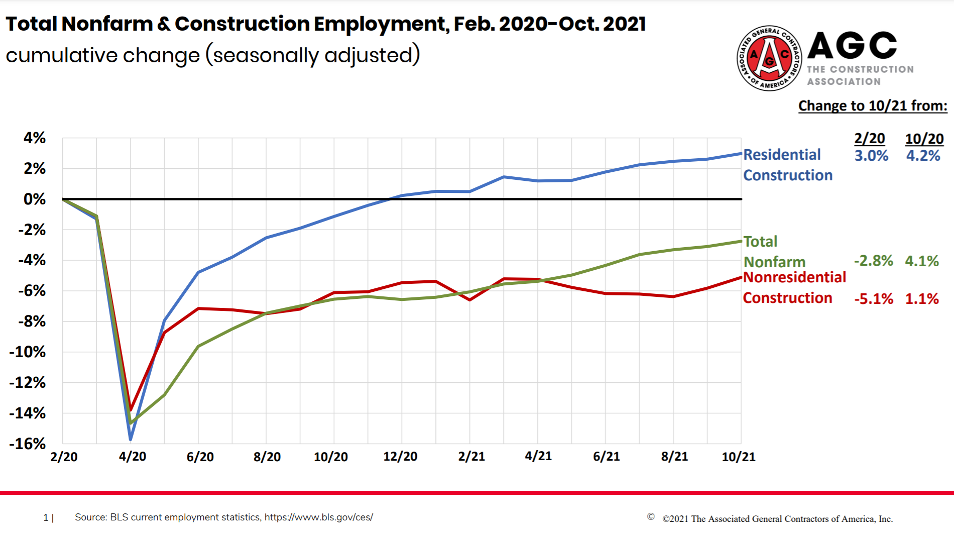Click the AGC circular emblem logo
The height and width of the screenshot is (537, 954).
point(769,58)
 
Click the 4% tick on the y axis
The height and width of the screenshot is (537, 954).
point(34,138)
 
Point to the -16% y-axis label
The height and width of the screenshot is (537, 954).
point(27,444)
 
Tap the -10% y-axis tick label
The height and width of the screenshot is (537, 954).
point(27,352)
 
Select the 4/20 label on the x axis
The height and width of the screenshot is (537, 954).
point(132,457)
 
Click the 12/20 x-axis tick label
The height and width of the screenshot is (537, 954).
point(400,457)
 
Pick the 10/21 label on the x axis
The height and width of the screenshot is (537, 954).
point(738,457)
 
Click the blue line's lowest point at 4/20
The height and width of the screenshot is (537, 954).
point(131,440)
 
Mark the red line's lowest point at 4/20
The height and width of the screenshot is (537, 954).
point(131,410)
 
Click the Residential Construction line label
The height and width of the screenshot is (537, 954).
point(787,165)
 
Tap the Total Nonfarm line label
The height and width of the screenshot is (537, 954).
point(774,252)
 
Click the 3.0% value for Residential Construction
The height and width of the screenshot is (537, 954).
point(871,156)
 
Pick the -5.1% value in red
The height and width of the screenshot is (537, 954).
point(873,299)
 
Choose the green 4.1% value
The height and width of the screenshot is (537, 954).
point(921,261)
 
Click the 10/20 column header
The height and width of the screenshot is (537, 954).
point(924,139)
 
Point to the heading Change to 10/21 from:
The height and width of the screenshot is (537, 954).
point(873,106)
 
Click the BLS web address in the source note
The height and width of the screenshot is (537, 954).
point(318,517)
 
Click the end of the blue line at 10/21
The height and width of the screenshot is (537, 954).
point(741,154)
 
